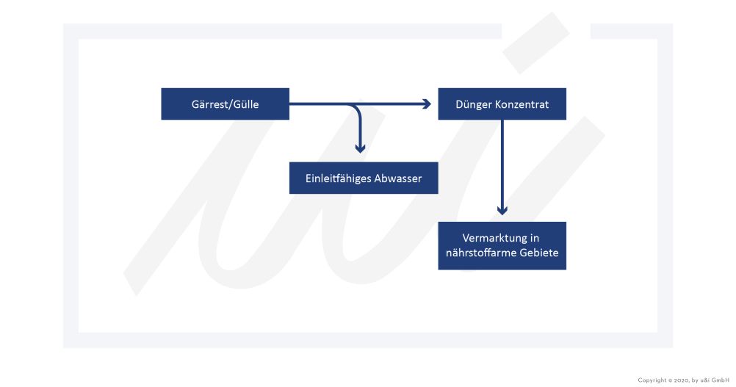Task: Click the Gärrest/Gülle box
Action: coord(225,104)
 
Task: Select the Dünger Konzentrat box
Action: coord(502,104)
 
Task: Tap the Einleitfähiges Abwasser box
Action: coord(364,178)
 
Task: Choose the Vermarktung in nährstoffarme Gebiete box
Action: coord(502,245)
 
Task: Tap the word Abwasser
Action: coord(397,178)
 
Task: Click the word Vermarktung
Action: coord(493,238)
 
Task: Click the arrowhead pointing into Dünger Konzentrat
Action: coord(427,104)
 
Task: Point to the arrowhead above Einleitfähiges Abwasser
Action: coord(360,148)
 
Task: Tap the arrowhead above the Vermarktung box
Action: coord(502,210)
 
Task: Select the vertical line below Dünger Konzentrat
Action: coord(502,164)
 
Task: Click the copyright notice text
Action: coord(683,380)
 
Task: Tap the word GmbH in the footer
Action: coord(721,380)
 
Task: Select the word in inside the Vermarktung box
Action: coord(535,238)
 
